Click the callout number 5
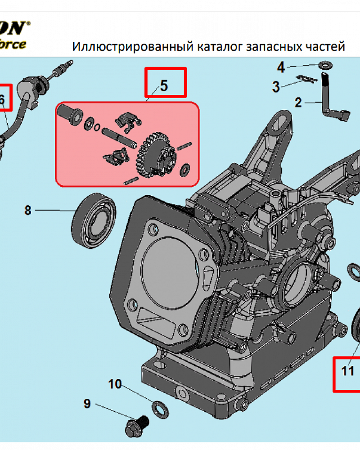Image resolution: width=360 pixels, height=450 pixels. [164, 85]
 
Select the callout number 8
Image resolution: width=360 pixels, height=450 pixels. [28, 210]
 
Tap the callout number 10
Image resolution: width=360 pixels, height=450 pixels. [115, 384]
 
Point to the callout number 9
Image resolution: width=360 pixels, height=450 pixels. [87, 404]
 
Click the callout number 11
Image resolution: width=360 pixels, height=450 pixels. [347, 371]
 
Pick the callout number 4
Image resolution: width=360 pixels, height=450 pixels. [281, 68]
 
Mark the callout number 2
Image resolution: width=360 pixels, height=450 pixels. [298, 103]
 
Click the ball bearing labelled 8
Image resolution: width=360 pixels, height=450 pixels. [94, 219]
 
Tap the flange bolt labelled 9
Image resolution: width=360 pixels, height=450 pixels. [137, 424]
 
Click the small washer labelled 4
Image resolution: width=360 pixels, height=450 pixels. [324, 65]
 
